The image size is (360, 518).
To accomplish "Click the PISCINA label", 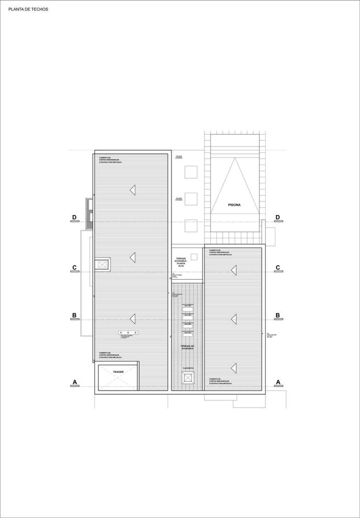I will point(234,205).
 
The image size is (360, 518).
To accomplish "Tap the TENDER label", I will point(118,372).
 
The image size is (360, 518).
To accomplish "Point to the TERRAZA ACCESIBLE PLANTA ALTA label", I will point(181,262).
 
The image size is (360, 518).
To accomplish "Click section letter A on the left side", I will point(75,382).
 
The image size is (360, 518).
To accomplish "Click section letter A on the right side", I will point(278,382).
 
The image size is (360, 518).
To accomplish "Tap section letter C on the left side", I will point(75,268).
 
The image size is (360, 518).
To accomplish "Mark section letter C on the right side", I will point(278,268).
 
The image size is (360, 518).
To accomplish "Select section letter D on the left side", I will point(75,218).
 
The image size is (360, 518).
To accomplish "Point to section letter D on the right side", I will point(278,218).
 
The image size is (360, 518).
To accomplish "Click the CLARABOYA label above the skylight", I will point(188,368).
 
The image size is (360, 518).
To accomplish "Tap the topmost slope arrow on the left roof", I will point(133,190).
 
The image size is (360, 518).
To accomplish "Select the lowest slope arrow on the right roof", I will point(234,368).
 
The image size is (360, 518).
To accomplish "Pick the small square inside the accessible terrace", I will point(194,256).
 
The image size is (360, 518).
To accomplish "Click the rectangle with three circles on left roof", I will point(127,333).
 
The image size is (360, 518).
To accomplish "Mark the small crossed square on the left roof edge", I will point(102,265).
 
